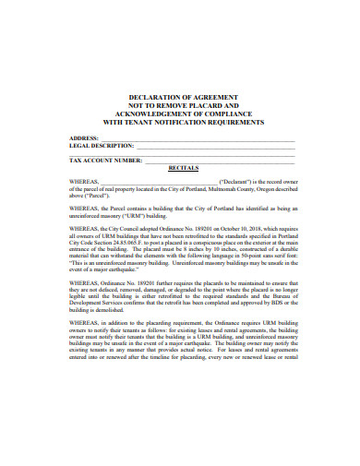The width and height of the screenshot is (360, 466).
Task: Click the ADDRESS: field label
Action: (86, 137)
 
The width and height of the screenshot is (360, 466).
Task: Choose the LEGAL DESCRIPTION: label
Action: (101, 147)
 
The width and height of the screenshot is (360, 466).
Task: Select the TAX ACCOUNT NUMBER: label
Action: (106, 161)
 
